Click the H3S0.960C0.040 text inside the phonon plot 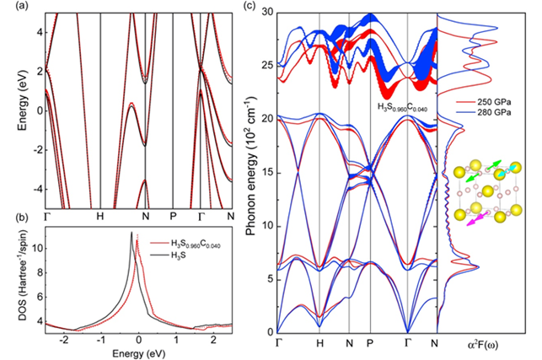pos(411,107)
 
